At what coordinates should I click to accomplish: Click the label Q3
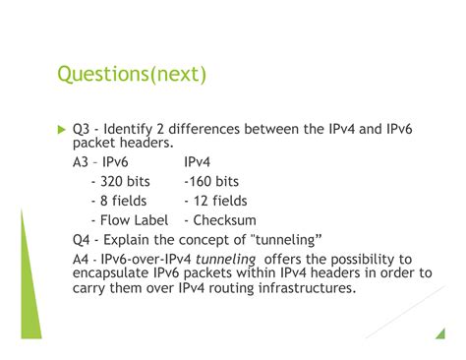83,128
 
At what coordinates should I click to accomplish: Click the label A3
82,161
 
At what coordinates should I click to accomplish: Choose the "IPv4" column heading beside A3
204,161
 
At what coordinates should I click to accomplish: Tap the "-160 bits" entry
210,181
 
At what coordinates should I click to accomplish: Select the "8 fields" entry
123,201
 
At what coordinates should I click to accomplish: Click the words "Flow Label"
133,220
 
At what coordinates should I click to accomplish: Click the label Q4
83,240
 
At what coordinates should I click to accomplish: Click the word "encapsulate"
115,273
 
